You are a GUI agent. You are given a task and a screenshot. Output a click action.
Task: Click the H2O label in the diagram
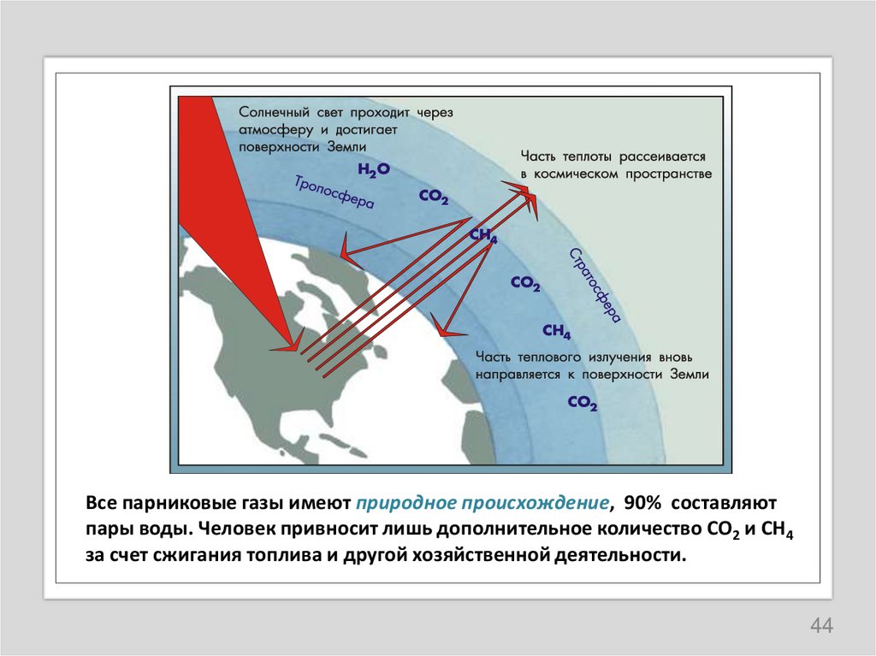374,170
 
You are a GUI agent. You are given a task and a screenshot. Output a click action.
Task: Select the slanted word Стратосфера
594,284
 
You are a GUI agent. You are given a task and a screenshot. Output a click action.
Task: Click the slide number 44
821,626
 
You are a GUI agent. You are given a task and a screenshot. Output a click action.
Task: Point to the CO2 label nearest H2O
434,197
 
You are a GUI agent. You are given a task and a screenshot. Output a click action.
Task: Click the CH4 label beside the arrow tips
483,237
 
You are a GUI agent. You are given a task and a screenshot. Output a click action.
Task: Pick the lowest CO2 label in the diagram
582,402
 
